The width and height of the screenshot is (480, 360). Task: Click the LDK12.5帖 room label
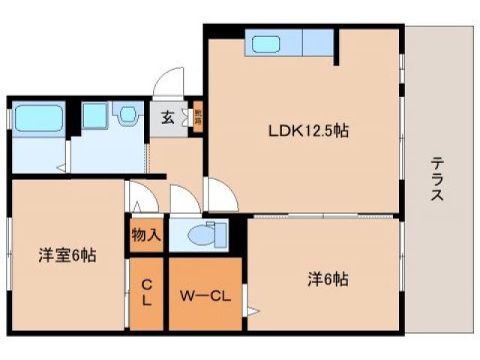[308, 130]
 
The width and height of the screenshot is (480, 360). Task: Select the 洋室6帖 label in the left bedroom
[67, 254]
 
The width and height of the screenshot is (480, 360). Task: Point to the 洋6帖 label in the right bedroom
[326, 279]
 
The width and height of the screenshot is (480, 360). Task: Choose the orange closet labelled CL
[147, 292]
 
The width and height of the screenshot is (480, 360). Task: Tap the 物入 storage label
[146, 235]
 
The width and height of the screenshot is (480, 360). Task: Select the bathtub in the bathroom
[37, 117]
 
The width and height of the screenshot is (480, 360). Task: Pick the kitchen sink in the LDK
[266, 44]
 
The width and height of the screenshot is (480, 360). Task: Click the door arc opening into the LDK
[223, 196]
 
